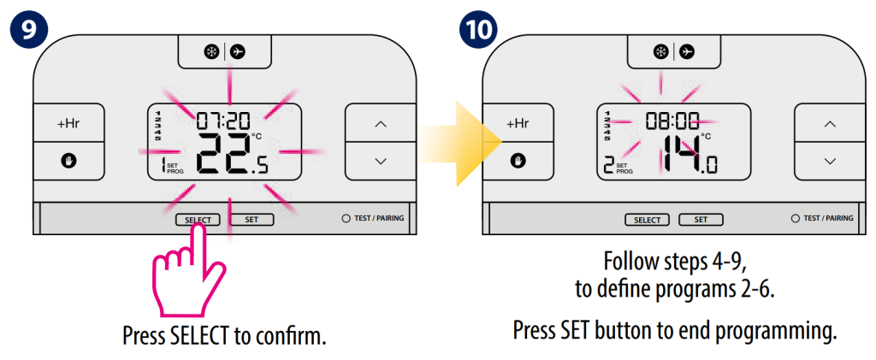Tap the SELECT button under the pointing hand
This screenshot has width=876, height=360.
pyautogui.click(x=198, y=220)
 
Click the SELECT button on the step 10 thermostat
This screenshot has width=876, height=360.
pyautogui.click(x=648, y=220)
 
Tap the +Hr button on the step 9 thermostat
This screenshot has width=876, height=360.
pyautogui.click(x=68, y=123)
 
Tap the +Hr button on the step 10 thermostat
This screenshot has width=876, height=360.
pyautogui.click(x=518, y=123)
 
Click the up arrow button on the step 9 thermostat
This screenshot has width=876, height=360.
pyautogui.click(x=380, y=123)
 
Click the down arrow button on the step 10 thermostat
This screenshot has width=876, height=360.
pyautogui.click(x=829, y=161)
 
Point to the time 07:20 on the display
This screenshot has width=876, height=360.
pyautogui.click(x=222, y=120)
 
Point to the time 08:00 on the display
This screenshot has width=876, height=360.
pyautogui.click(x=672, y=121)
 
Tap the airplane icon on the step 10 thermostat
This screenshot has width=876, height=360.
pyautogui.click(x=687, y=51)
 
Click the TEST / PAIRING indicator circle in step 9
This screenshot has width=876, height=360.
pyautogui.click(x=346, y=218)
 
